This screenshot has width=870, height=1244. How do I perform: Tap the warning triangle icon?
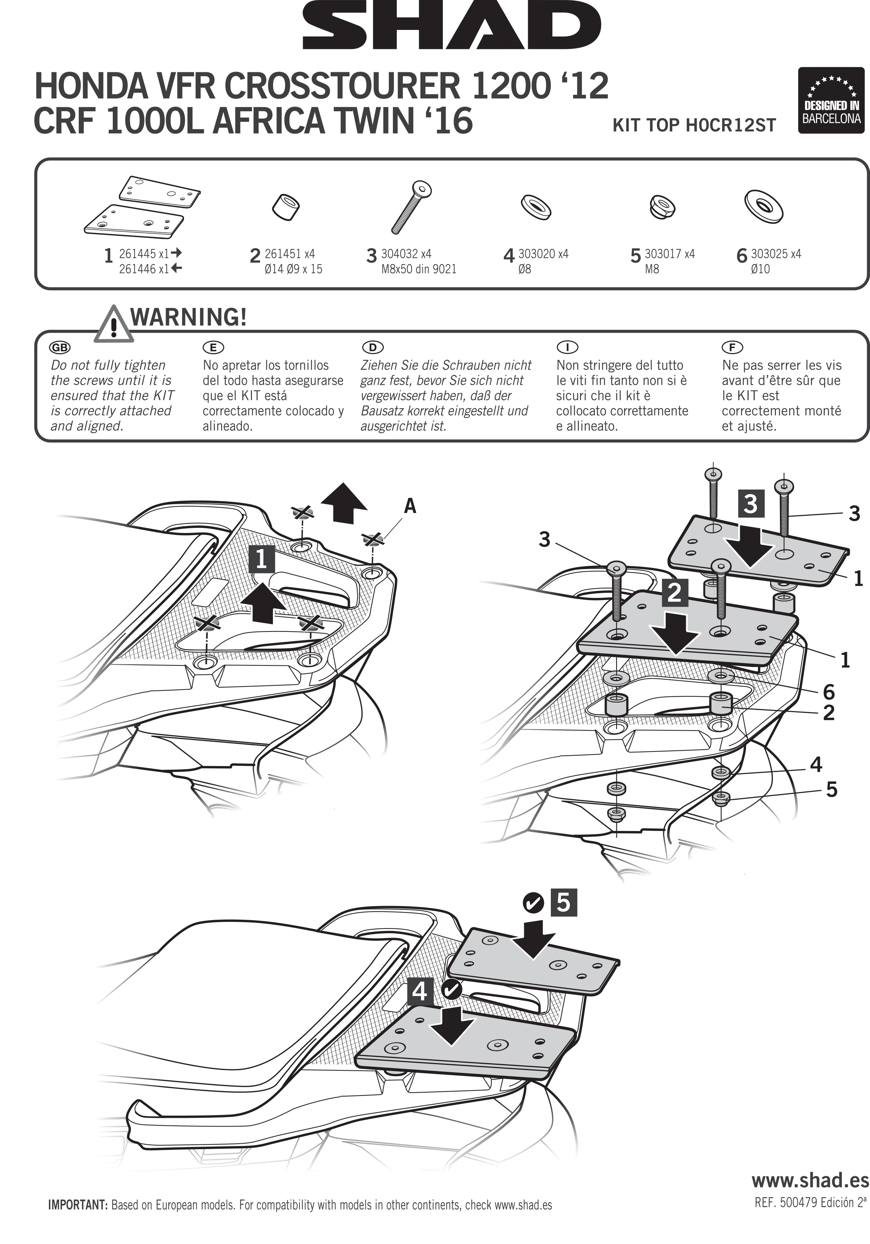[x=113, y=325]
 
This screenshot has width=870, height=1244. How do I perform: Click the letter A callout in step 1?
[x=410, y=506]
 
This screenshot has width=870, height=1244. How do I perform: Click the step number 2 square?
[x=674, y=593]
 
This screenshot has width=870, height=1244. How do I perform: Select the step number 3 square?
[x=750, y=504]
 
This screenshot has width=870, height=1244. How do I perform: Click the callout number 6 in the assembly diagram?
[x=828, y=692]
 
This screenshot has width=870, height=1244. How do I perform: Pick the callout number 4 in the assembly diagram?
[x=816, y=765]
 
